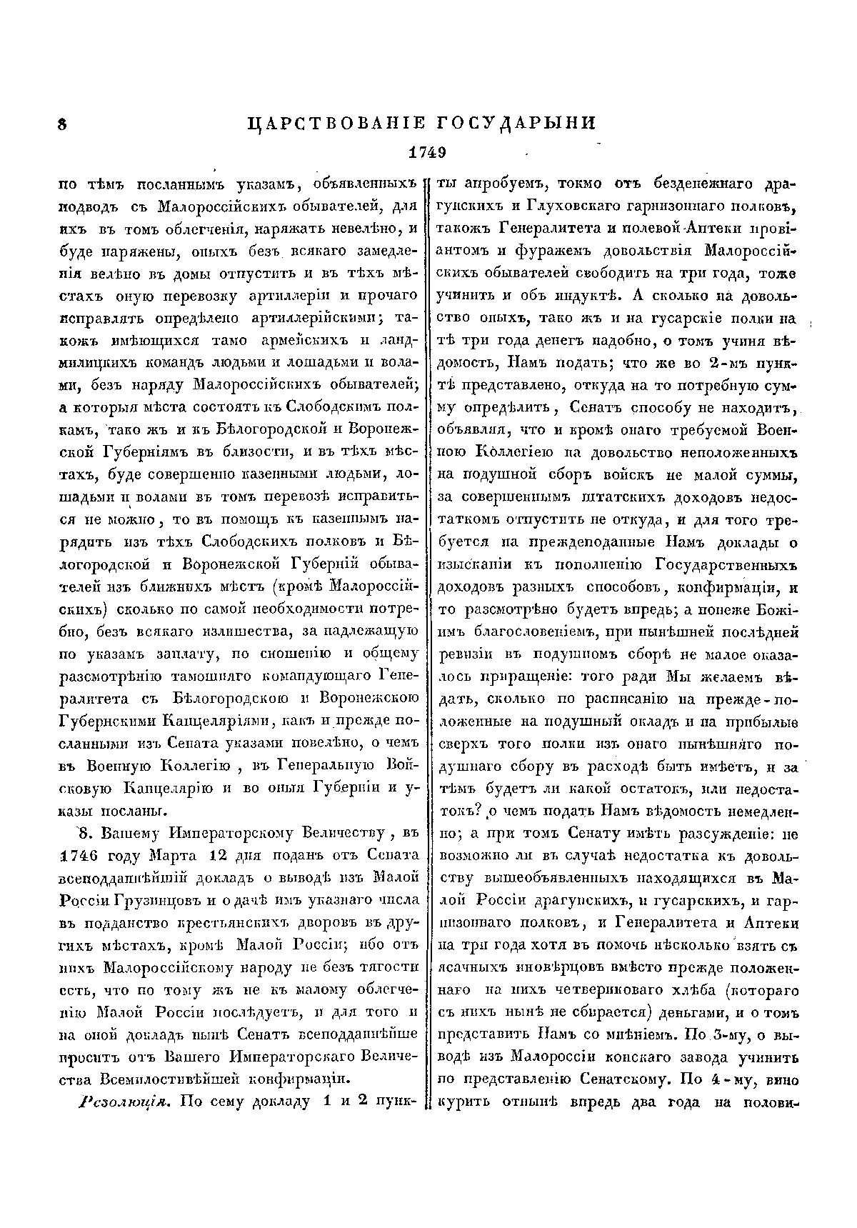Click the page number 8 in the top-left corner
[62, 124]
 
